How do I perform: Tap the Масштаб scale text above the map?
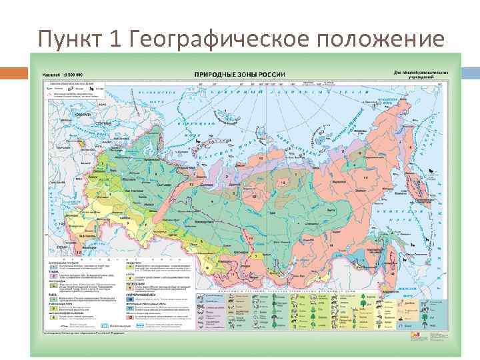click(61, 73)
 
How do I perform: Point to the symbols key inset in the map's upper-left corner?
click(73, 91)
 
